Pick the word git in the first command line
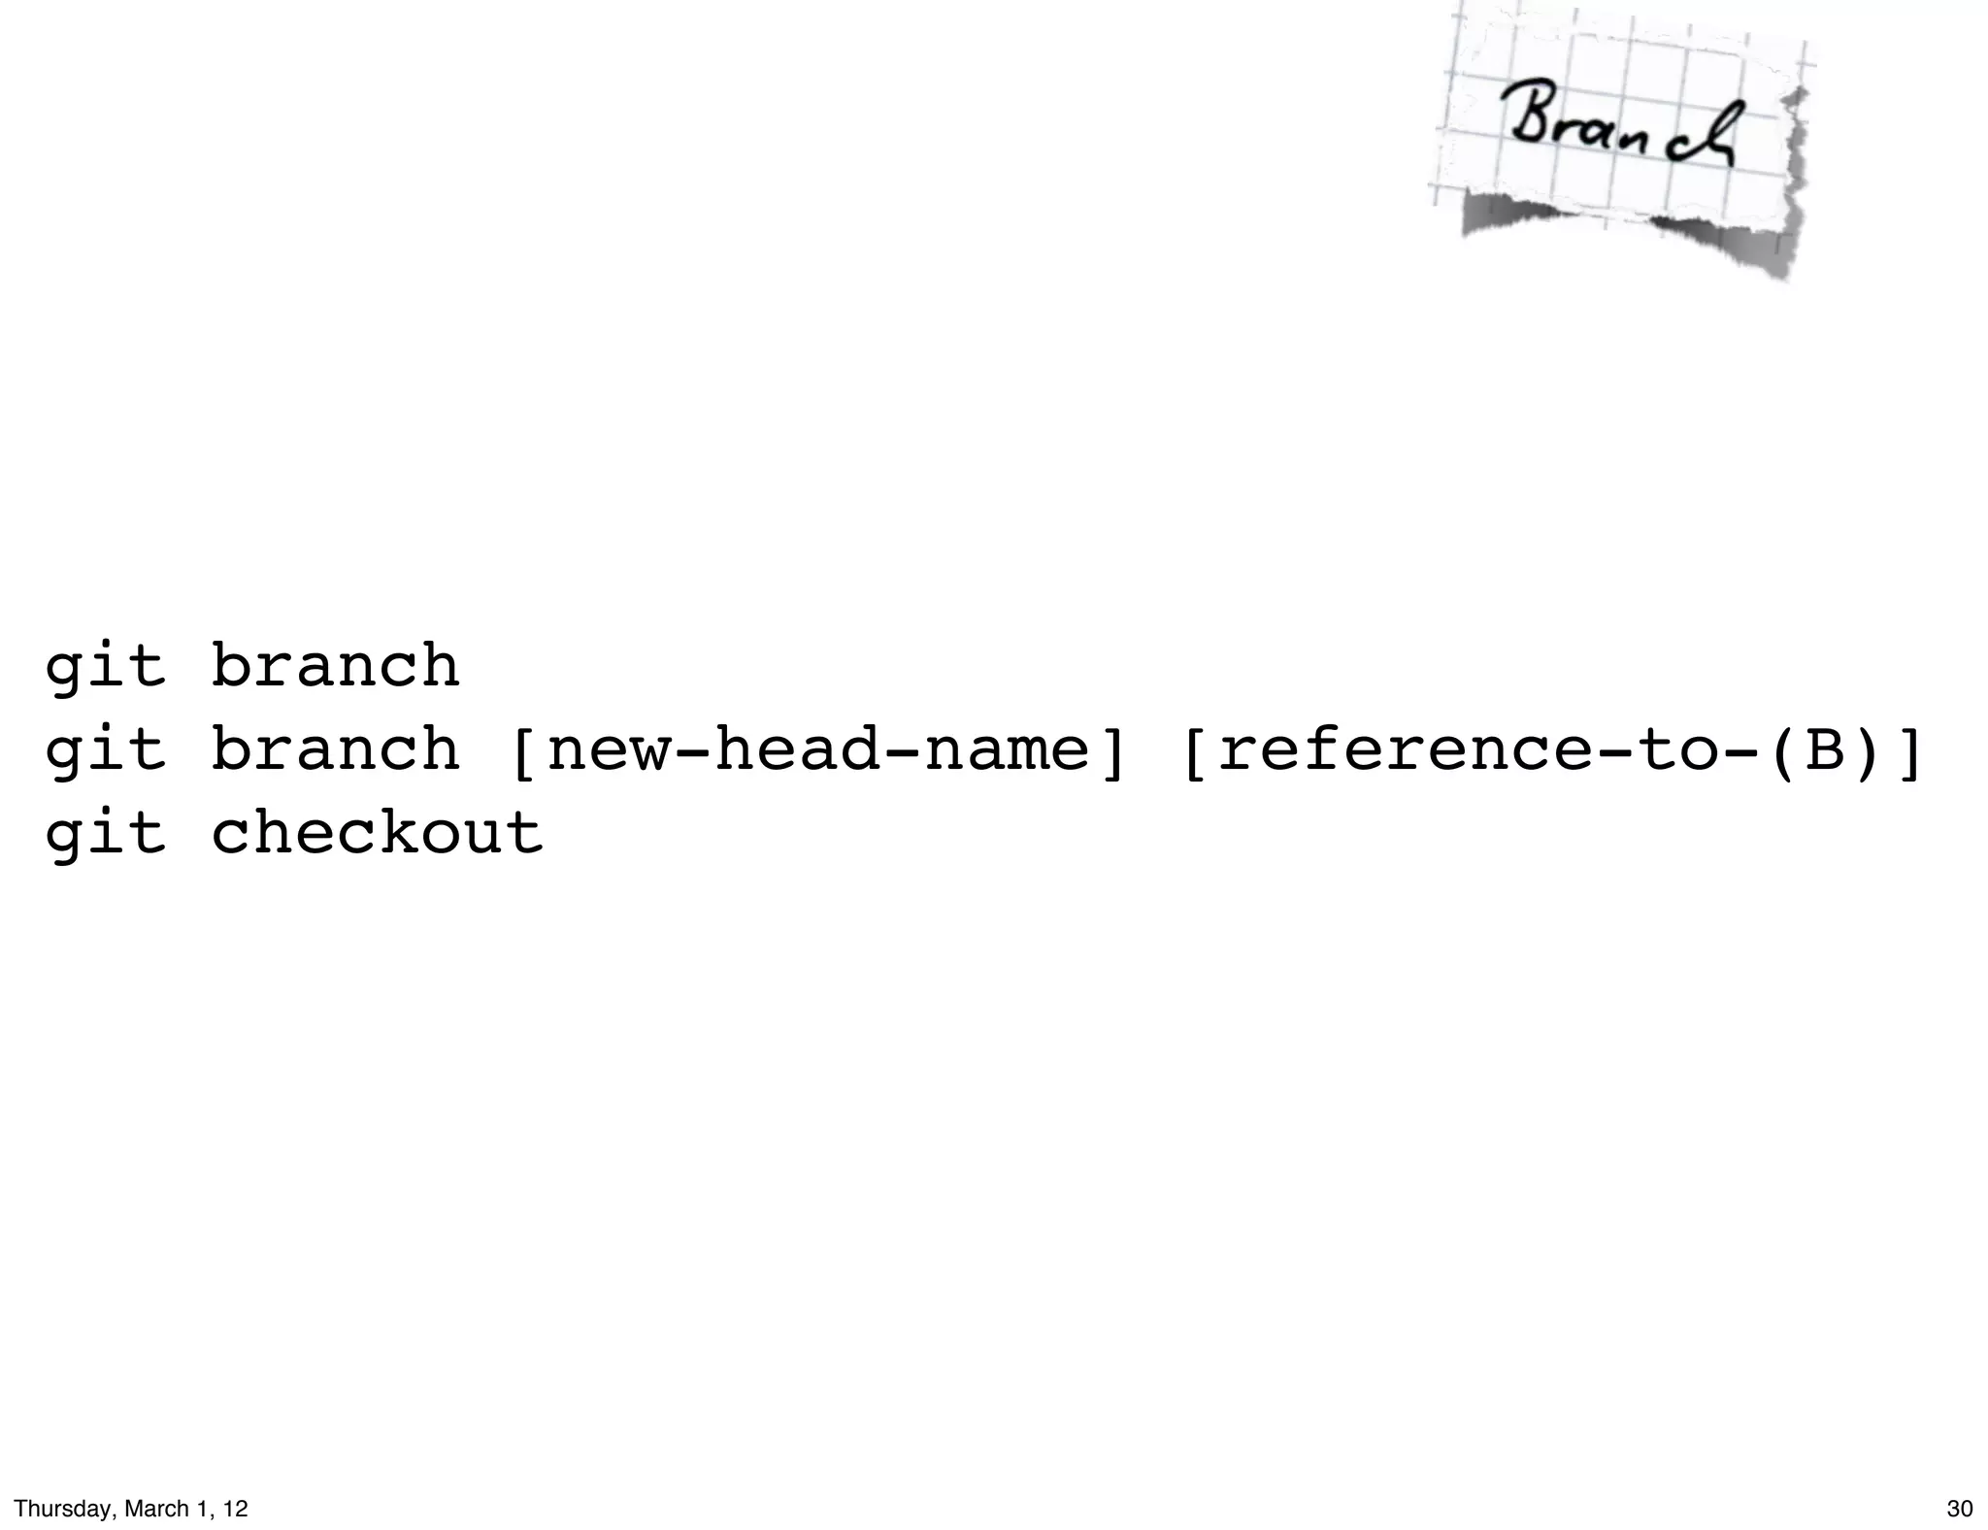tap(105, 668)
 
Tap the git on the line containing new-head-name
tap(105, 751)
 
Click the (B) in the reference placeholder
tap(1824, 751)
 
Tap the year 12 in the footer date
tap(236, 1509)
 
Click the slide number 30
tap(1959, 1509)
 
